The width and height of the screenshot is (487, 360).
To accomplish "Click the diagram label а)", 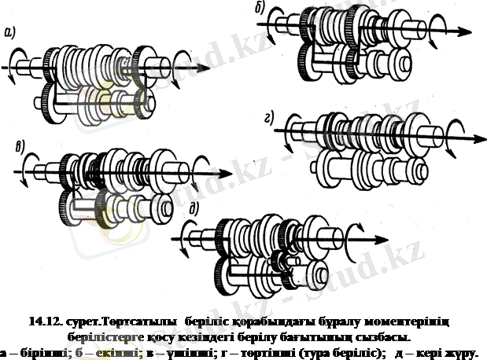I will click(x=10, y=32).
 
